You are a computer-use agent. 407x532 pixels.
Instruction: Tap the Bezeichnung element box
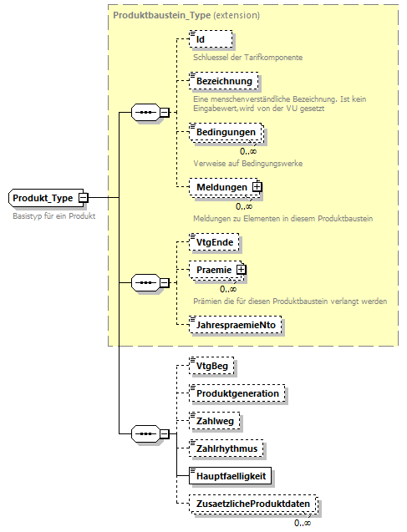pyautogui.click(x=223, y=81)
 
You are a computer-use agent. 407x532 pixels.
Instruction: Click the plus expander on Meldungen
pyautogui.click(x=257, y=187)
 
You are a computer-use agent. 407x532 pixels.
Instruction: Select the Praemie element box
pyautogui.click(x=213, y=270)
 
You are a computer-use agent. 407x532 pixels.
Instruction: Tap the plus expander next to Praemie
pyautogui.click(x=241, y=270)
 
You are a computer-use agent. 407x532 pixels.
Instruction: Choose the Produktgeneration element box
pyautogui.click(x=237, y=393)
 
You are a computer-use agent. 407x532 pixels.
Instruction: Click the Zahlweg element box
pyautogui.click(x=215, y=421)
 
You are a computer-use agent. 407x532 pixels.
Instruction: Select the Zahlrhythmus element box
pyautogui.click(x=226, y=448)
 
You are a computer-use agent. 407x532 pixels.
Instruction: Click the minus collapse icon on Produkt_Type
pyautogui.click(x=83, y=198)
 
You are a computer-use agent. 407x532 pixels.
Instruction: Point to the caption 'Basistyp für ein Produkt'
pyautogui.click(x=54, y=216)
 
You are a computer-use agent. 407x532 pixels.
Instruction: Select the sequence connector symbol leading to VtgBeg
pyautogui.click(x=147, y=434)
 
